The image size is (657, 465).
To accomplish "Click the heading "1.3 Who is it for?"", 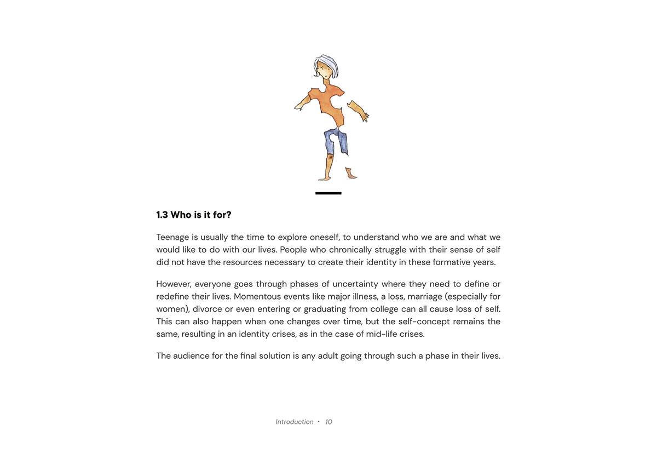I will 194,215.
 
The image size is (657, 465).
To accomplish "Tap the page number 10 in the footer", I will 328,422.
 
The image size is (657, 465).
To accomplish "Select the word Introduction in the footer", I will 295,422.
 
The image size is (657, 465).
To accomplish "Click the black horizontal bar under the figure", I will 328,193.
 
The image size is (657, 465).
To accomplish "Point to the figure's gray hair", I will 327,61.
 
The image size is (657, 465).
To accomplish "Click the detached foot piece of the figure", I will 351,174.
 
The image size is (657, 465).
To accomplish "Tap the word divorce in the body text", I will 207,309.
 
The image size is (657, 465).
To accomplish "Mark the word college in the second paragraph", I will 381,309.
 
